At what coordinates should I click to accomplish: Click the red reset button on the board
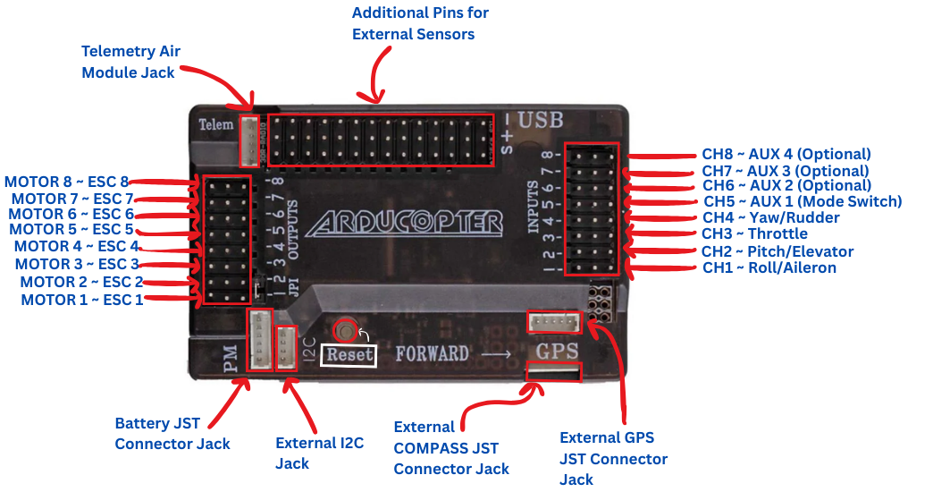coord(346,331)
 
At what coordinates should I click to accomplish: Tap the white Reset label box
coord(348,354)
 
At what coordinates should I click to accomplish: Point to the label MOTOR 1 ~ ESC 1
coord(82,300)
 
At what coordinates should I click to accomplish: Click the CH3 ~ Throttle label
coord(754,234)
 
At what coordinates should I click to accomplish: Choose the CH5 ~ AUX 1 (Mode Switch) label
coord(802,201)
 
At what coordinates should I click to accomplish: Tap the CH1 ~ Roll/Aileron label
coord(769,267)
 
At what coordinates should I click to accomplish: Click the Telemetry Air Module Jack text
coord(130,62)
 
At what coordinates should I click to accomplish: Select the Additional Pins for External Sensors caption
coord(420,24)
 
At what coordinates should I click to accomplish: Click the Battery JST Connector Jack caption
coord(172,433)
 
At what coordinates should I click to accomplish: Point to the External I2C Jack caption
coord(319,453)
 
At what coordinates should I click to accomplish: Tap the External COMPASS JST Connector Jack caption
coord(450,448)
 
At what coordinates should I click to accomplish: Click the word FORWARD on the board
coord(433,353)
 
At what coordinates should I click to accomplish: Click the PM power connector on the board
coord(259,340)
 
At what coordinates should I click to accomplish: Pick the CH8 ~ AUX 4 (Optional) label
coord(786,154)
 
